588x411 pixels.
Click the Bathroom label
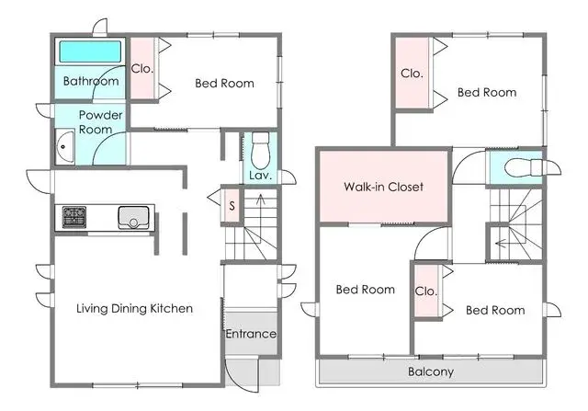[x=90, y=82]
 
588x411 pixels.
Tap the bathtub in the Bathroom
[x=89, y=51]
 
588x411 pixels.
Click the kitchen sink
[x=134, y=218]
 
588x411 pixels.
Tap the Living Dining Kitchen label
[x=134, y=309]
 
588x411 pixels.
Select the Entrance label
[x=251, y=334]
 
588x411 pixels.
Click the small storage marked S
[x=232, y=205]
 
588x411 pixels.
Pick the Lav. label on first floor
[x=258, y=176]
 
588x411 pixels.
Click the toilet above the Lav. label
[x=260, y=147]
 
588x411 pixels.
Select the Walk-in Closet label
[x=383, y=187]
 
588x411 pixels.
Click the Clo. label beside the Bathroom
[x=142, y=68]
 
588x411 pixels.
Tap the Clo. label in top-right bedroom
[x=411, y=74]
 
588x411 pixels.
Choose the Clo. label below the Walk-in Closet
[x=425, y=291]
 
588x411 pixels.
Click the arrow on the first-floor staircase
[x=259, y=204]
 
